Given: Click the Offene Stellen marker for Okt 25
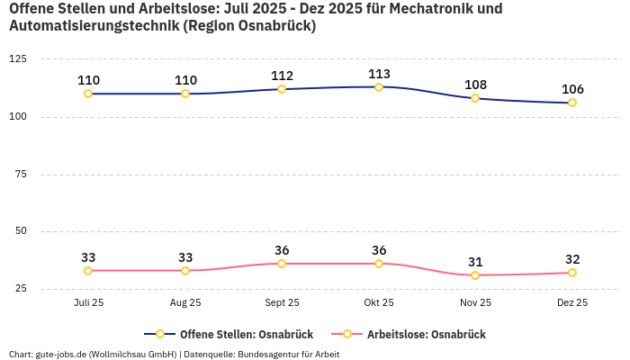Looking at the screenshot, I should click(x=379, y=87).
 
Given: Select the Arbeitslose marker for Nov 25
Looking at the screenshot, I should click(x=475, y=275).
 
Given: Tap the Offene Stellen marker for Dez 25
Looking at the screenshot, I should click(x=572, y=103).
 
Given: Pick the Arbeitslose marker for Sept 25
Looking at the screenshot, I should click(x=282, y=264).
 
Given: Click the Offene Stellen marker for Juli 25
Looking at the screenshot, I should click(x=88, y=94).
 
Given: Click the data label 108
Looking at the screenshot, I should click(x=475, y=85).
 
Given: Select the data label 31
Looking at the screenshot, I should click(x=475, y=262).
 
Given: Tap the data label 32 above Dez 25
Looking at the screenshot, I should click(x=572, y=259).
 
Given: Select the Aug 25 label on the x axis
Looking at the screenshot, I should click(x=185, y=303).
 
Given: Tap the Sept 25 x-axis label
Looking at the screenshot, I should click(x=282, y=303).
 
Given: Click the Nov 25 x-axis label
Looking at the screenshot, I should click(x=475, y=303).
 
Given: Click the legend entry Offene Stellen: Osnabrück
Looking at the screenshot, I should click(x=231, y=335).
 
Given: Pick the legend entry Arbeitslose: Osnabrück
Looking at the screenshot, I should click(x=426, y=335).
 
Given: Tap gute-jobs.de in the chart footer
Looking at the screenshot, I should click(x=61, y=355).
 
